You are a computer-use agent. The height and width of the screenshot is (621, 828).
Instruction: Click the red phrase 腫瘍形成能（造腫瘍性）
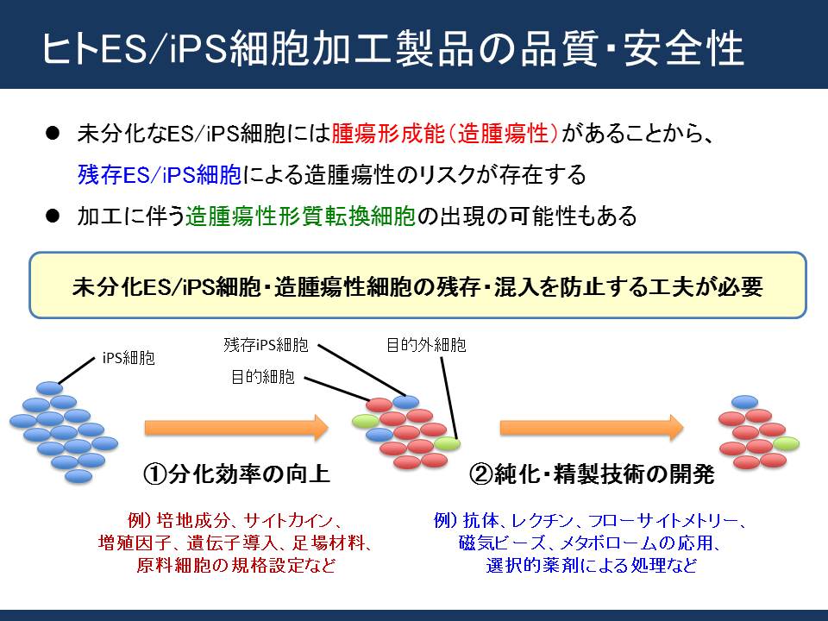[x=445, y=134]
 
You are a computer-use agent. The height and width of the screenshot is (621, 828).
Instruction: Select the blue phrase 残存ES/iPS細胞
[x=160, y=175]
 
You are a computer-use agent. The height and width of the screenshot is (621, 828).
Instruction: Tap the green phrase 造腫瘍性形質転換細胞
[x=300, y=216]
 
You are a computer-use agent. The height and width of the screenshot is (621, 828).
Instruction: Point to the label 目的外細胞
[x=426, y=345]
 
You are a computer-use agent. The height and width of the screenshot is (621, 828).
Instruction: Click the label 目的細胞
[x=263, y=377]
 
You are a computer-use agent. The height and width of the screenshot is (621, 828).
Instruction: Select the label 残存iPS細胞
[x=266, y=345]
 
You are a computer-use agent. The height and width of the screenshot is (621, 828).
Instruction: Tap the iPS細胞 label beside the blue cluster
[x=129, y=359]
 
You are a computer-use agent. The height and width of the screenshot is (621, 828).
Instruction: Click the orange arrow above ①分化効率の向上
[x=236, y=428]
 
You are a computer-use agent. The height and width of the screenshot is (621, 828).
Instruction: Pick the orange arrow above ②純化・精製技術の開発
[x=592, y=428]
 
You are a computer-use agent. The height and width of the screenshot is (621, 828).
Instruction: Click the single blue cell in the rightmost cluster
[x=744, y=402]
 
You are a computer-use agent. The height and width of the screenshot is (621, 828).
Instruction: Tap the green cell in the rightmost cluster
[x=786, y=443]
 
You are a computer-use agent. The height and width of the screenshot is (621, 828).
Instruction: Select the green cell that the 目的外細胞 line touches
[x=447, y=443]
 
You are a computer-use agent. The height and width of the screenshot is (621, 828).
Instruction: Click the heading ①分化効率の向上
[x=236, y=474]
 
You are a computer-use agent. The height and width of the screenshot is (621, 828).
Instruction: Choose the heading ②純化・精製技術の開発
[x=592, y=474]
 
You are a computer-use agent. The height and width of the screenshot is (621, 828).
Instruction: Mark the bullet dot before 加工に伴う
[x=53, y=216]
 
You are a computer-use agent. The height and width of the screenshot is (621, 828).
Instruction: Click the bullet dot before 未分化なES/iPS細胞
[x=53, y=133]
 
